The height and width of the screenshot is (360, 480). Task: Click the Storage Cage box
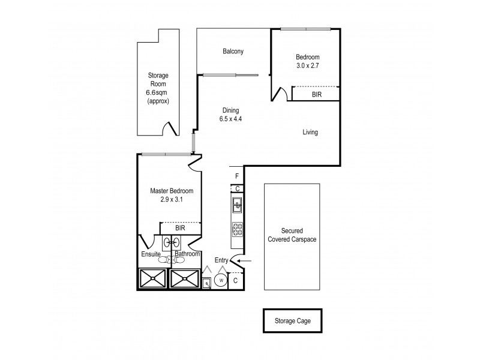tap(294, 321)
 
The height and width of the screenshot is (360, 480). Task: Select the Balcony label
tap(233, 52)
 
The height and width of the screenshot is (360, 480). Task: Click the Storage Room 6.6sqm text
tap(158, 88)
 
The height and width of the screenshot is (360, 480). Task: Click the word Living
tap(310, 132)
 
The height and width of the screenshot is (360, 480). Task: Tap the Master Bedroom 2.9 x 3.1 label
tap(172, 195)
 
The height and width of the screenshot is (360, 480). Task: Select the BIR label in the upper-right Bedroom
tap(316, 94)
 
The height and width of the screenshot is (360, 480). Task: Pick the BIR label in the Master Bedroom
tap(179, 229)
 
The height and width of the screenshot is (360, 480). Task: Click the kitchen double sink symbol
tap(237, 207)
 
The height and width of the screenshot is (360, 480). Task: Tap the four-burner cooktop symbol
tap(237, 229)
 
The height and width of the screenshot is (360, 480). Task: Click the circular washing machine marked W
tap(221, 280)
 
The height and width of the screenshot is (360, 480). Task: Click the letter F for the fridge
tap(237, 176)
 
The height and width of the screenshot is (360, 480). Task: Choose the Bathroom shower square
tap(185, 278)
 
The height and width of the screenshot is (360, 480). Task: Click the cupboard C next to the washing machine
tap(236, 280)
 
